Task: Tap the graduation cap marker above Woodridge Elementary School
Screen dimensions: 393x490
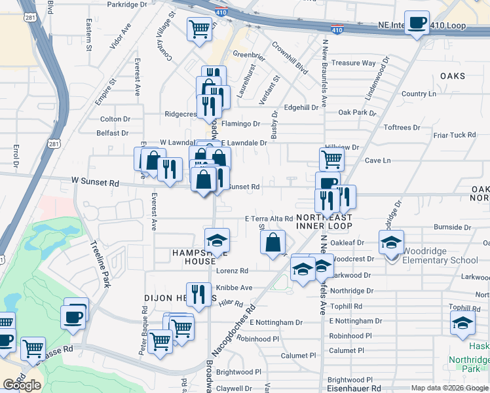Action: [x=392, y=242]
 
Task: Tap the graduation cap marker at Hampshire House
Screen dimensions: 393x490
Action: [x=217, y=240]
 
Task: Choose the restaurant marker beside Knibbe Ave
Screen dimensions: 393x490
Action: [x=198, y=293]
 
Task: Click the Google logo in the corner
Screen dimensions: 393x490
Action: [x=22, y=384]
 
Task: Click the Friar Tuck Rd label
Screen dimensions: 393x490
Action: [x=454, y=135]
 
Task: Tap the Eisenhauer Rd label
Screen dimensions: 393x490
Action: [x=354, y=388]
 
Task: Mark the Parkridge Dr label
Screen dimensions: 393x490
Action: [x=127, y=4]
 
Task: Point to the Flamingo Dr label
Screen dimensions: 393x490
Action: [x=240, y=124]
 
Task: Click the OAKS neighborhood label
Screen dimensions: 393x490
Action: [x=452, y=76]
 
